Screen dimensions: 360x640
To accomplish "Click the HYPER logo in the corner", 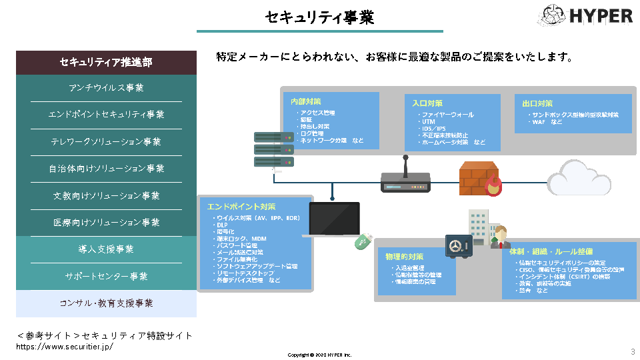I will tap(585, 15).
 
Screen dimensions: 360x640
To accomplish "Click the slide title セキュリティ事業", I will tap(319, 17).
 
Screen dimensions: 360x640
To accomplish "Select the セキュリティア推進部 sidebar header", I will tap(106, 63).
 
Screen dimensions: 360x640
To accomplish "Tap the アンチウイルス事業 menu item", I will tap(106, 88).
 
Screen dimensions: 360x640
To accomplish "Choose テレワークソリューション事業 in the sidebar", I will tap(106, 142).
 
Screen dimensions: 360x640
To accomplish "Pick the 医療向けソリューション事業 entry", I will tap(106, 223).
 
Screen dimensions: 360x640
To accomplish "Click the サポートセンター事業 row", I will tap(106, 276).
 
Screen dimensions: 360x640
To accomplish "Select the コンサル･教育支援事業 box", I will tap(106, 303).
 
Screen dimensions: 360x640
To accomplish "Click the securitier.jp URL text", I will tap(65, 347).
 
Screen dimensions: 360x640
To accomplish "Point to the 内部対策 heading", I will tap(306, 102).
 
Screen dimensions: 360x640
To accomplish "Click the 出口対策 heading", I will tap(537, 103).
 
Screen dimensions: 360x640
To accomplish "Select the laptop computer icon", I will tap(333, 220).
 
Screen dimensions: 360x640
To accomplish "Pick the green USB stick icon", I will tap(363, 241).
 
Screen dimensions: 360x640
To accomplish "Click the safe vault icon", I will tap(458, 247).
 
